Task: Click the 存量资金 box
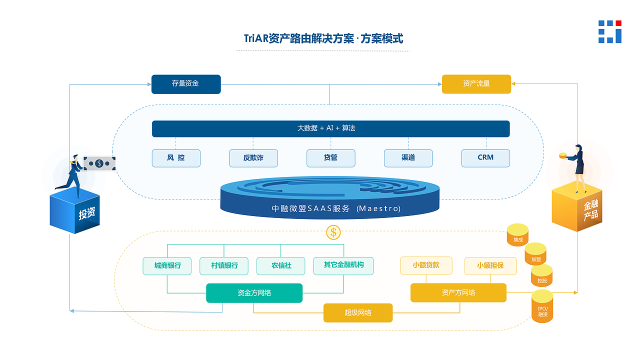[x=186, y=84]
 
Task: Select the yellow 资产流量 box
[x=476, y=84]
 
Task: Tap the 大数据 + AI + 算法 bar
[x=330, y=128]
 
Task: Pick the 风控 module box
[x=176, y=158]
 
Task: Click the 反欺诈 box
[x=253, y=158]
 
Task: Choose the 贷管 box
[x=330, y=158]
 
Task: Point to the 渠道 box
[x=408, y=158]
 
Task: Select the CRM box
[x=485, y=158]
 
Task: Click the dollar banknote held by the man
[x=99, y=163]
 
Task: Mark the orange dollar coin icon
[x=333, y=232]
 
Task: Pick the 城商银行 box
[x=167, y=265]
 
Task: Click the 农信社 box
[x=281, y=265]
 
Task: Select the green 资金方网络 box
[x=254, y=293]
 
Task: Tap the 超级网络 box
[x=358, y=313]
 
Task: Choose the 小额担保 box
[x=490, y=265]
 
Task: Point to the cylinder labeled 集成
[x=518, y=235]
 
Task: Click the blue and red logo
[x=609, y=32]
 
